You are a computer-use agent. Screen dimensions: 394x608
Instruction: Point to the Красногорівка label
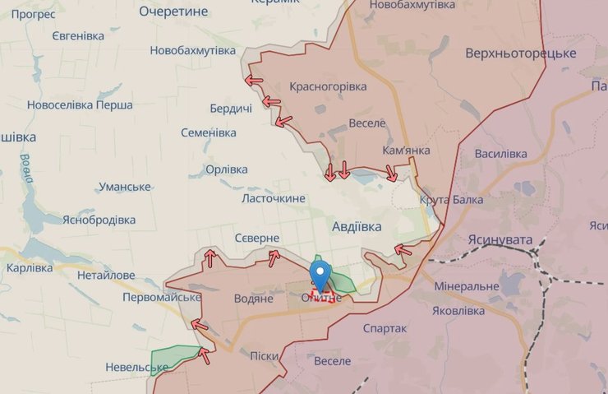326,86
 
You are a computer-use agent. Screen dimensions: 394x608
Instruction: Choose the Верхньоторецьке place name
521,53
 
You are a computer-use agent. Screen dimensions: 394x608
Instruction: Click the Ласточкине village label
273,198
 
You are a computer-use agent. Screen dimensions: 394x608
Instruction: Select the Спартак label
385,328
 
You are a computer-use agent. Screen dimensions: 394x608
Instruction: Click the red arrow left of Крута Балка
403,249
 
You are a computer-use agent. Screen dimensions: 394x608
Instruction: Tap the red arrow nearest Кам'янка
392,174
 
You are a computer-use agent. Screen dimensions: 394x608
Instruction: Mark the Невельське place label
137,367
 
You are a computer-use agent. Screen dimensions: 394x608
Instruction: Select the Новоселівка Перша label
80,105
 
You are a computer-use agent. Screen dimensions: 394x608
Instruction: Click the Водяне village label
253,299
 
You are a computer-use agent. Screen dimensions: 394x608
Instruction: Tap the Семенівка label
209,132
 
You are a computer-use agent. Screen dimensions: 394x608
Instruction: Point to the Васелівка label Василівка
500,154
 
